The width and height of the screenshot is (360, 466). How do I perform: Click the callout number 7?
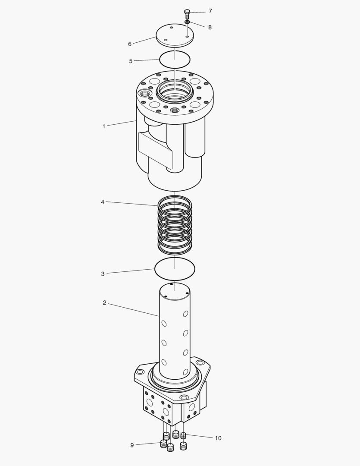click(x=210, y=11)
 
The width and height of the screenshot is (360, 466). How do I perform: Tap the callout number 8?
click(x=210, y=27)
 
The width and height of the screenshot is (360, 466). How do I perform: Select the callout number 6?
click(x=130, y=44)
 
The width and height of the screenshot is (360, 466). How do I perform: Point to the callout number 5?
click(x=131, y=61)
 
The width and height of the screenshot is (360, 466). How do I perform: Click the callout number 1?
click(x=104, y=126)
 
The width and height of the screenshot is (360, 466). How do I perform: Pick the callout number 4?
click(x=103, y=202)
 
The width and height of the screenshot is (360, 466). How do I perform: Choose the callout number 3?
click(x=103, y=274)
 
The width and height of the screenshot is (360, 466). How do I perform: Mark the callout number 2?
click(x=104, y=303)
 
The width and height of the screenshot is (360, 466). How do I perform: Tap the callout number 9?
click(x=132, y=445)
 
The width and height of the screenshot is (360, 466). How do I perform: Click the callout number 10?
click(x=218, y=438)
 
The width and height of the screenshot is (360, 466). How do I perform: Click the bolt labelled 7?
click(x=187, y=13)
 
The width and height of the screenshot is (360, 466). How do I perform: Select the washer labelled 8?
click(x=187, y=22)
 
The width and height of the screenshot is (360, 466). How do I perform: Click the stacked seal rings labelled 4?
click(x=175, y=224)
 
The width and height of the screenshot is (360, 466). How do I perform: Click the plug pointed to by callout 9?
click(x=164, y=444)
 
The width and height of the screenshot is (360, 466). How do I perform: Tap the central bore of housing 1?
click(x=175, y=92)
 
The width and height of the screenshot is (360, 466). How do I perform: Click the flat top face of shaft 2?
click(x=175, y=291)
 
